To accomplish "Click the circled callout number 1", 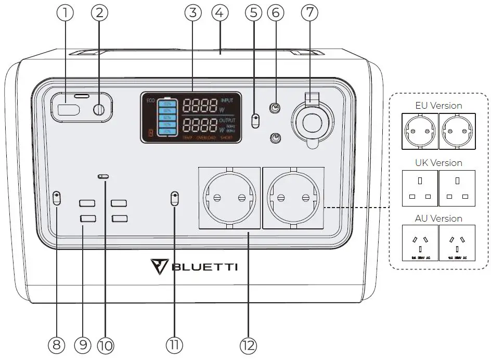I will [x=66, y=14].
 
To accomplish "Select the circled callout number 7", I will [x=311, y=14].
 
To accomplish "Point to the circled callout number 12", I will [x=248, y=344].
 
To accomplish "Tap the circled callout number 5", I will [x=253, y=14].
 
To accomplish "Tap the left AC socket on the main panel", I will [x=228, y=198].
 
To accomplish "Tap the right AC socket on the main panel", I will [x=293, y=198].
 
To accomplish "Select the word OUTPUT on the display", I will [x=228, y=120].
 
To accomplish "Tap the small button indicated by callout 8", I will [x=57, y=198].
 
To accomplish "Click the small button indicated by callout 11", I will [x=175, y=198].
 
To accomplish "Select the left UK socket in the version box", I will [x=420, y=188].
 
